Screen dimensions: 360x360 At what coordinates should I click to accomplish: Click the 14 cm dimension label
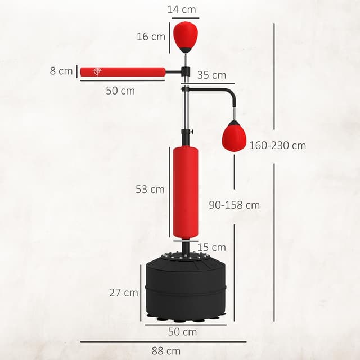182,9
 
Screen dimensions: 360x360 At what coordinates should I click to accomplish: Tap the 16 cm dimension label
151,37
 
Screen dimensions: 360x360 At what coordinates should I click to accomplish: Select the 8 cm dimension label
61,71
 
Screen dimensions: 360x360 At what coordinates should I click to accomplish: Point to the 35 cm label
211,75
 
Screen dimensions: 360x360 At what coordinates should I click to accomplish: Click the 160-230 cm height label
277,145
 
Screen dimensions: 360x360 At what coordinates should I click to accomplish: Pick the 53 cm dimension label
150,190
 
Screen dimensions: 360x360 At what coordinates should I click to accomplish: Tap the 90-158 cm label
234,205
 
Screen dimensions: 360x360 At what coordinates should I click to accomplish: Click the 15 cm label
211,247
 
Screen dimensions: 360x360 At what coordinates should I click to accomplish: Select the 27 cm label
124,292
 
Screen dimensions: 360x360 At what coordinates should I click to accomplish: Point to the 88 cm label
166,350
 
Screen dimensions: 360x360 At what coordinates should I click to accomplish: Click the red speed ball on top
185,35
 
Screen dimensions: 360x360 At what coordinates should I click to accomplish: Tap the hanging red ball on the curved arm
234,137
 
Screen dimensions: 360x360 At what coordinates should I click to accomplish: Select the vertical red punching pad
185,191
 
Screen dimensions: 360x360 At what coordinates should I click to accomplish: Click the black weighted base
186,289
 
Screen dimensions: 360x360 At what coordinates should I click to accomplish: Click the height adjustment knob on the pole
193,133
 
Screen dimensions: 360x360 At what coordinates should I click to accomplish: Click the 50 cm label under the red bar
120,90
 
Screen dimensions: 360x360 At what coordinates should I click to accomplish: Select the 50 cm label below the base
182,332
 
